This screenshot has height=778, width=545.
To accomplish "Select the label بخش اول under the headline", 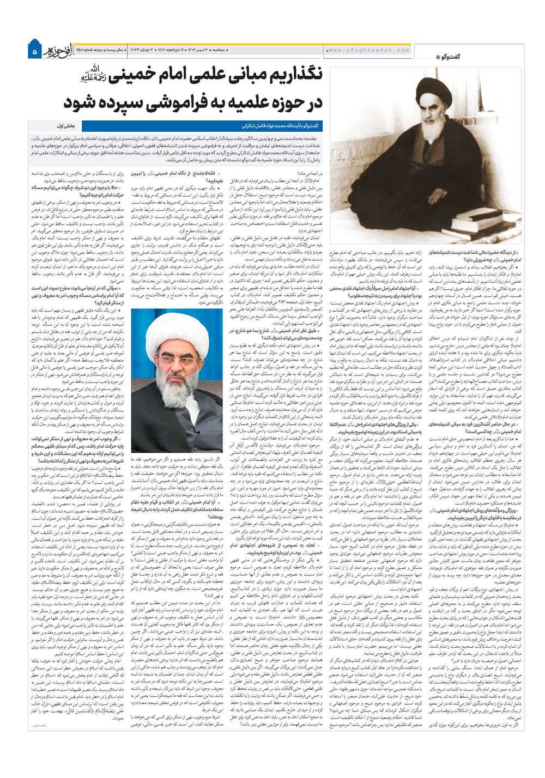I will pyautogui.click(x=68, y=125).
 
